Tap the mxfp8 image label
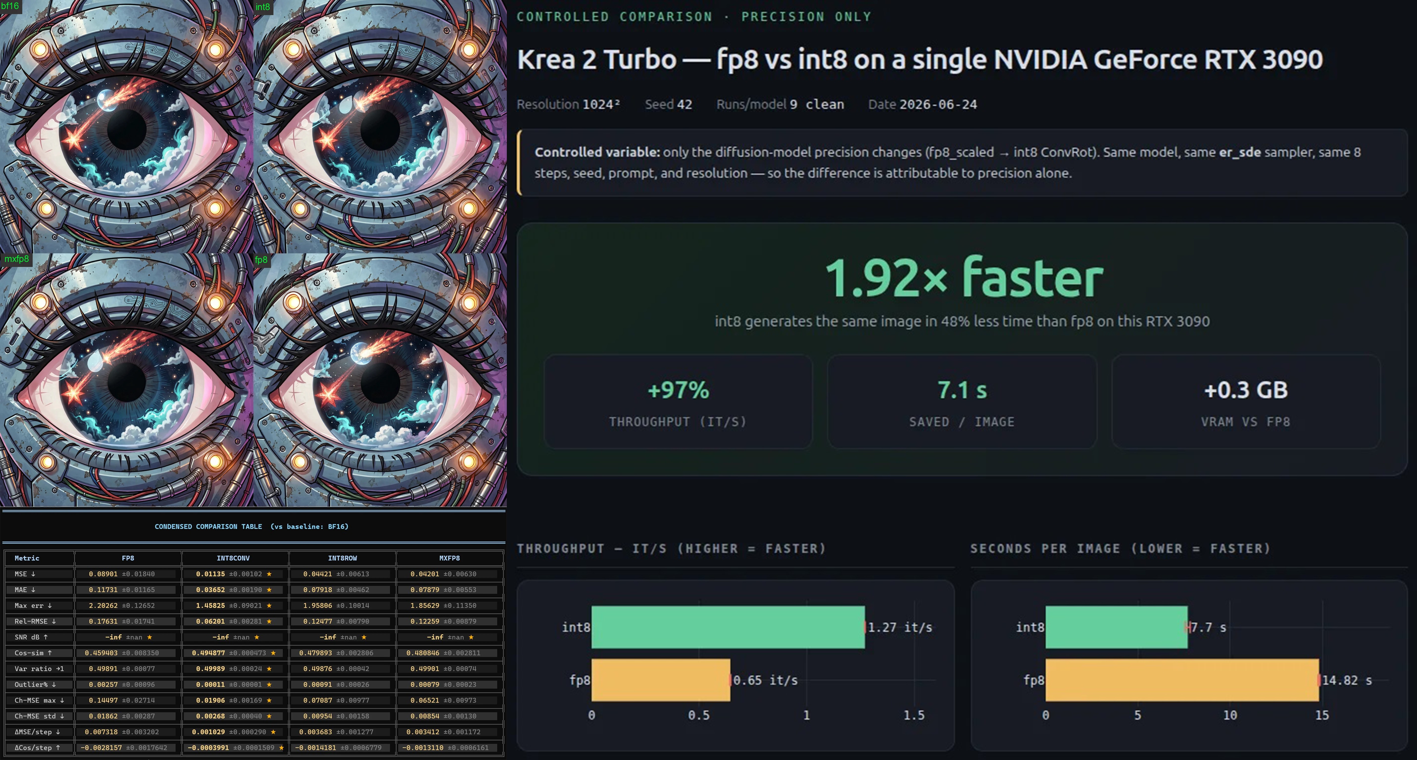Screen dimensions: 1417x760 pos(17,259)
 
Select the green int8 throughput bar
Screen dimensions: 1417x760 pos(728,627)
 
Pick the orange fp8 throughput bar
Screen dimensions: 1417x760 pos(661,680)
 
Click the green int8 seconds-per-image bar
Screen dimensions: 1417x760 pos(1116,627)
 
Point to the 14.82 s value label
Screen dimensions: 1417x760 pos(1346,680)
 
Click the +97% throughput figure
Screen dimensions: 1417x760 pos(678,390)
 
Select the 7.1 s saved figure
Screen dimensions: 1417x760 pos(962,390)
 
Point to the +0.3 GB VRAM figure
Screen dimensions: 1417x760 pos(1246,390)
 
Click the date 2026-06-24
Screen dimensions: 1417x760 pos(938,104)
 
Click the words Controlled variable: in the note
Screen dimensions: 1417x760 pos(597,152)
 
